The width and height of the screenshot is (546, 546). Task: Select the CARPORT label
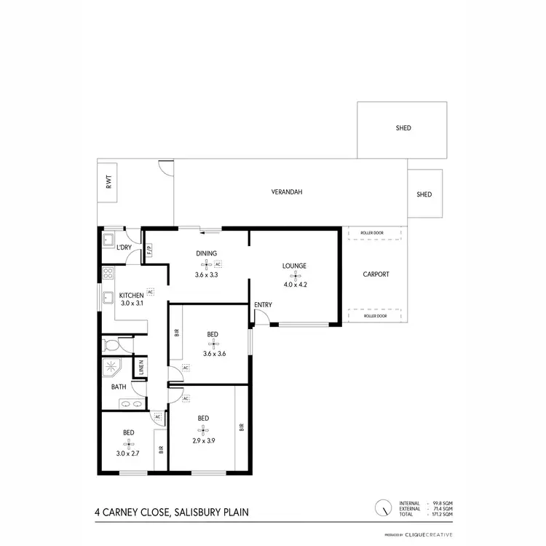[x=376, y=274]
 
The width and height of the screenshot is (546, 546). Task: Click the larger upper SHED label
[x=403, y=128]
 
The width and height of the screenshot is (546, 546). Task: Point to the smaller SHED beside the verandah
[x=424, y=194]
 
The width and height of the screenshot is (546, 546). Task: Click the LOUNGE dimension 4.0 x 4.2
[x=295, y=285]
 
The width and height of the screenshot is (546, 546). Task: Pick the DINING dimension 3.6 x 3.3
[x=206, y=275]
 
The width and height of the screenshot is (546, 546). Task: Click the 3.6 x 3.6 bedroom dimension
[x=213, y=355]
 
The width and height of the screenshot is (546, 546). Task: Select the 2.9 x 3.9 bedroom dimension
[x=203, y=440]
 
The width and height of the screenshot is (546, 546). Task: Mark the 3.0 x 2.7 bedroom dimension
[x=128, y=454]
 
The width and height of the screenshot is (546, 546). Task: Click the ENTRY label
[x=262, y=304]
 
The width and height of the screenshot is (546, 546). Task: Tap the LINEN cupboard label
[x=141, y=367]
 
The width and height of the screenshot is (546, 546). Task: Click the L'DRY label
[x=124, y=248]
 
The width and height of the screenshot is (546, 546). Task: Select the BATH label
[x=119, y=387]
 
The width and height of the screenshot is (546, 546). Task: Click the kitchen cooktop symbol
[x=108, y=274]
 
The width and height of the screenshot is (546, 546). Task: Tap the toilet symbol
[x=111, y=344]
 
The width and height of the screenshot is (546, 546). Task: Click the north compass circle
[x=381, y=508]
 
